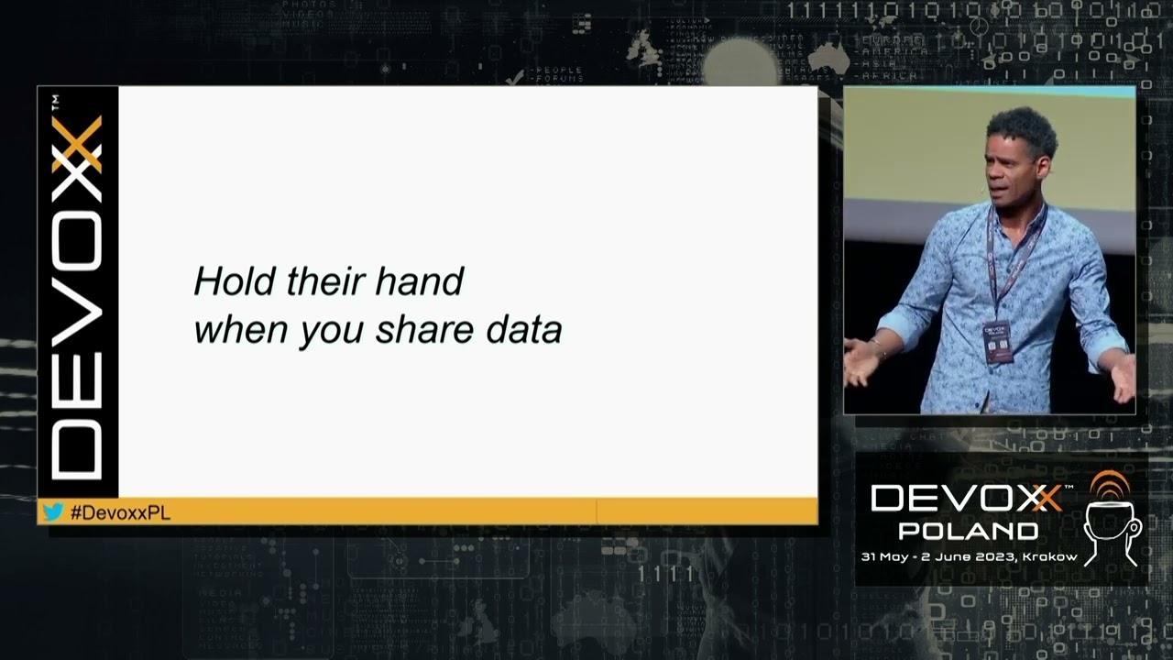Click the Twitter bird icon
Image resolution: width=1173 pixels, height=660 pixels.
(53, 511)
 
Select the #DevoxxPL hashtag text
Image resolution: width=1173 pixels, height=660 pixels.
(120, 512)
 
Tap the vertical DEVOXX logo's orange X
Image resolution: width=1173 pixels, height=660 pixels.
(77, 144)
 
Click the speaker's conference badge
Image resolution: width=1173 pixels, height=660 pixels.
(997, 341)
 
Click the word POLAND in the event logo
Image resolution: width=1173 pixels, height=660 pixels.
(968, 531)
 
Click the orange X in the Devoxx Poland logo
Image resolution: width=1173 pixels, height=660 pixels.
(1045, 499)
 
